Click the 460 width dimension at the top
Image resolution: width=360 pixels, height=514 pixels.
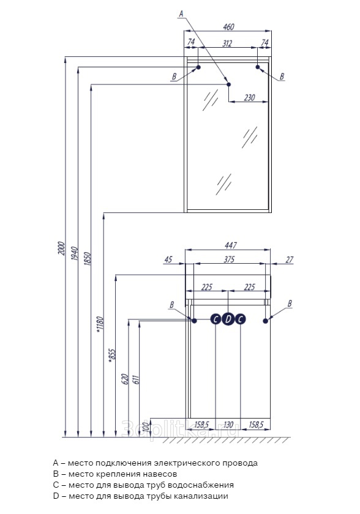coord(228,26)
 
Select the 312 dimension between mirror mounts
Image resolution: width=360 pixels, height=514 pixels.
coord(227,43)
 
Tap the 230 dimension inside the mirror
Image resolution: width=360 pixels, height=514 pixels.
coord(249,97)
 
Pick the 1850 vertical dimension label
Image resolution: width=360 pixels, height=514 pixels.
coord(87,258)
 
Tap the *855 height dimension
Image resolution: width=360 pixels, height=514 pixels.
coord(112,356)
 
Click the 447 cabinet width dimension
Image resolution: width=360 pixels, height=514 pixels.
coord(230,245)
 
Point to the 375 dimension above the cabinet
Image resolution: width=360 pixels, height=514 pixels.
coord(229,259)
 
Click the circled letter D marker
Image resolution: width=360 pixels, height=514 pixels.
coord(228,319)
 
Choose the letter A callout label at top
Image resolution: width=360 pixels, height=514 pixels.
coord(181,13)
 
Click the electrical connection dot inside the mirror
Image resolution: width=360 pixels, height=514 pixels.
coord(228,84)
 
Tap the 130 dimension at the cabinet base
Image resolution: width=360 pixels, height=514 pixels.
coord(228,425)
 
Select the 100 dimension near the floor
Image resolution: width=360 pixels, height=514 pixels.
coord(146,427)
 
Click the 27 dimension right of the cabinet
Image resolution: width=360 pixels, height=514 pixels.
coord(289,259)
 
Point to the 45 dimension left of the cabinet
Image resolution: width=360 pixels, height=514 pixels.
coord(168,259)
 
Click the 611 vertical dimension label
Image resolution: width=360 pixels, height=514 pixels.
coord(137,379)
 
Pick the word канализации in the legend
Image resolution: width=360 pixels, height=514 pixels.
coord(201,496)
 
